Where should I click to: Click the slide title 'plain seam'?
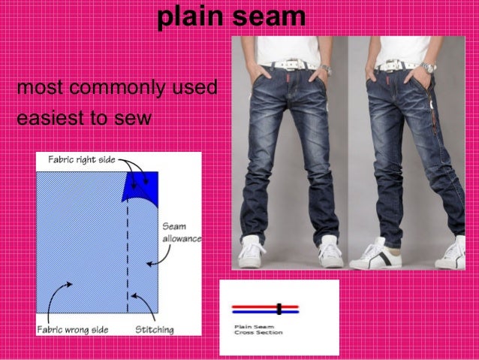pyautogui.click(x=231, y=17)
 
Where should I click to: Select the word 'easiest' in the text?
pyautogui.click(x=46, y=118)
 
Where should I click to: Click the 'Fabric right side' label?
pyautogui.click(x=81, y=159)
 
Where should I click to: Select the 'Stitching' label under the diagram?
pyautogui.click(x=155, y=329)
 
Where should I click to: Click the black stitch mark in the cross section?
pyautogui.click(x=279, y=308)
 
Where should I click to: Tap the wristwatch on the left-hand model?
pyautogui.click(x=326, y=68)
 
